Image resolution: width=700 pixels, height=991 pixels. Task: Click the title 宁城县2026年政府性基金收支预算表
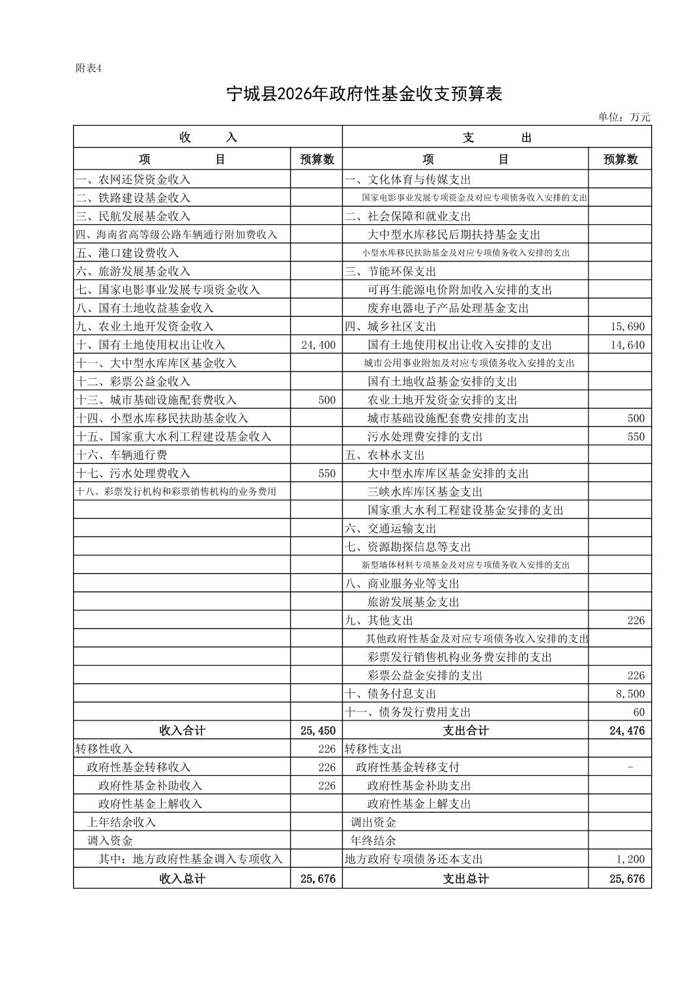point(364,94)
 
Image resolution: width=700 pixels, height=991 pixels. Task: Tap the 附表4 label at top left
point(89,68)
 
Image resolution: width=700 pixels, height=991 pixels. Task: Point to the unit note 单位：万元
point(624,117)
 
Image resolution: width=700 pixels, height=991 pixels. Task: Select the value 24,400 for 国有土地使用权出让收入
point(318,345)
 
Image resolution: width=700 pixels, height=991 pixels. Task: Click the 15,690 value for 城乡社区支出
point(627,327)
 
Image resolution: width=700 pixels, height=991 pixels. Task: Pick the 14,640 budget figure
point(627,345)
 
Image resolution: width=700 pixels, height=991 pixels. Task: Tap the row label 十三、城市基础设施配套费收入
point(156,400)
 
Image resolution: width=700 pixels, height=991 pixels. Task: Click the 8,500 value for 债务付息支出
point(630,694)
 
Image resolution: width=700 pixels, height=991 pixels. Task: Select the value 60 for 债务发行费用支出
point(638,712)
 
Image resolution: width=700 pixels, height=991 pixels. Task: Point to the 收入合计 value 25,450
point(317,731)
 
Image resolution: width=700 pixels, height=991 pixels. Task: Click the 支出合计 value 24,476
point(626,731)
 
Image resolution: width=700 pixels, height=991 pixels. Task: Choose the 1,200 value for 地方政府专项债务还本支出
point(630,859)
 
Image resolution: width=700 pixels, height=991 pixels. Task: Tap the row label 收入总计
point(182,879)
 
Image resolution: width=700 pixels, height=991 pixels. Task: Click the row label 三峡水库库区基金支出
point(425,492)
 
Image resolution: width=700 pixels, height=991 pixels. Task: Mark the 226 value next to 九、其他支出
point(635,620)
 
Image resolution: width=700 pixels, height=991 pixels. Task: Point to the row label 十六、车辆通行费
point(122,455)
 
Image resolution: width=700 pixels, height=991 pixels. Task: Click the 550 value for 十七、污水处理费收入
point(327,473)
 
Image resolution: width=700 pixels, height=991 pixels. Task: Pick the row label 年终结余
point(373,840)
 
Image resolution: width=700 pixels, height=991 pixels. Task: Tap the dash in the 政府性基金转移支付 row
point(630,767)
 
